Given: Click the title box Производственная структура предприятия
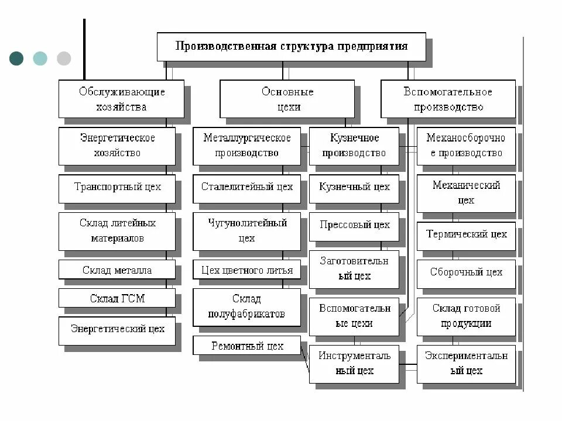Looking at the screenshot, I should (291, 46).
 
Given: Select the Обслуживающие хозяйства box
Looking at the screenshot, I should (121, 99).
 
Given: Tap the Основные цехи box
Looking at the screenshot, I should (287, 99).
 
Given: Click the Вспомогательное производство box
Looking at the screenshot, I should (448, 99).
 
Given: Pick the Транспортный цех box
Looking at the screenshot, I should (117, 188).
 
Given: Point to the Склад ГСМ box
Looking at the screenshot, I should (117, 298).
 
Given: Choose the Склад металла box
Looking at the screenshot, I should (117, 270).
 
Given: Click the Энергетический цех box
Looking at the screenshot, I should (117, 329).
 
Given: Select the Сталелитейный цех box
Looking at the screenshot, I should (246, 188).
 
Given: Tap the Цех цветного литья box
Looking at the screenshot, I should (246, 270).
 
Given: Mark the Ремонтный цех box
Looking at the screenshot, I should (246, 346).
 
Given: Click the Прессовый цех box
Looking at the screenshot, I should (354, 225).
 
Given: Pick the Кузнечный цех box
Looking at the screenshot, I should (354, 188).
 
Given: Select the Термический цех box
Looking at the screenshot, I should (466, 234).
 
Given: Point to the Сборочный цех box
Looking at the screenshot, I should (466, 272).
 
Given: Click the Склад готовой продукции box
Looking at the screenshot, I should (466, 316).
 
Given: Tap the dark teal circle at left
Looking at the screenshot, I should (16, 58).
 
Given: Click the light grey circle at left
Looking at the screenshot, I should (64, 58).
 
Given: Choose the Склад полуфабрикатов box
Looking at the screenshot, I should (246, 306).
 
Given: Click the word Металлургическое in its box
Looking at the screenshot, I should (246, 139).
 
